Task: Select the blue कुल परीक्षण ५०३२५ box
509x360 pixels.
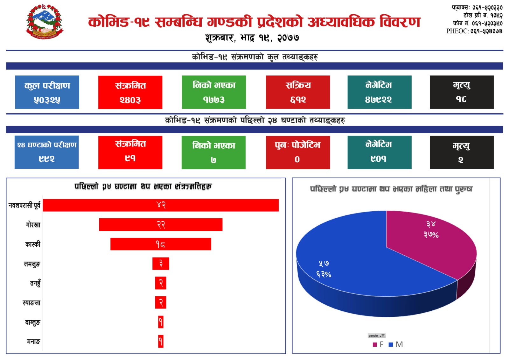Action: pos(47,92)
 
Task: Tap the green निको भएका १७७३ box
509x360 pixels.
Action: pos(214,92)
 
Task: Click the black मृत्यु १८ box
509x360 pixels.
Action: pos(462,92)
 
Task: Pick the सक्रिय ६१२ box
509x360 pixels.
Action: pos(298,92)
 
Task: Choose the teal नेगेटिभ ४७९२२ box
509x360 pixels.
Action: pos(379,92)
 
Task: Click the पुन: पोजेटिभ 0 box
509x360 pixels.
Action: pos(298,152)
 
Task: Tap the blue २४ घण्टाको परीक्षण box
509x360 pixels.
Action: pos(47,152)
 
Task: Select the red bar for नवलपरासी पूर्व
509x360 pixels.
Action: pos(161,205)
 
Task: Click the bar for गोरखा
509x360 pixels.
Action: pos(161,225)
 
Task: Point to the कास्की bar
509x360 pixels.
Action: pos(161,244)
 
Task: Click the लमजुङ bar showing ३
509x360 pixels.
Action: pos(161,264)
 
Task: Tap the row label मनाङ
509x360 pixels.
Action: pos(33,342)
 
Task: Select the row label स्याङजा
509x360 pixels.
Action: pos(31,303)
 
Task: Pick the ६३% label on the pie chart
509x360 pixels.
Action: pos(324,274)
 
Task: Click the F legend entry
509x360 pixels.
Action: pos(378,344)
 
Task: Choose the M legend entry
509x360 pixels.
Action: pos(396,344)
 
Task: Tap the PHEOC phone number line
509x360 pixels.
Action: pos(474,31)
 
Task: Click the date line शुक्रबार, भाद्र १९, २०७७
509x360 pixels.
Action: pos(252,38)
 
